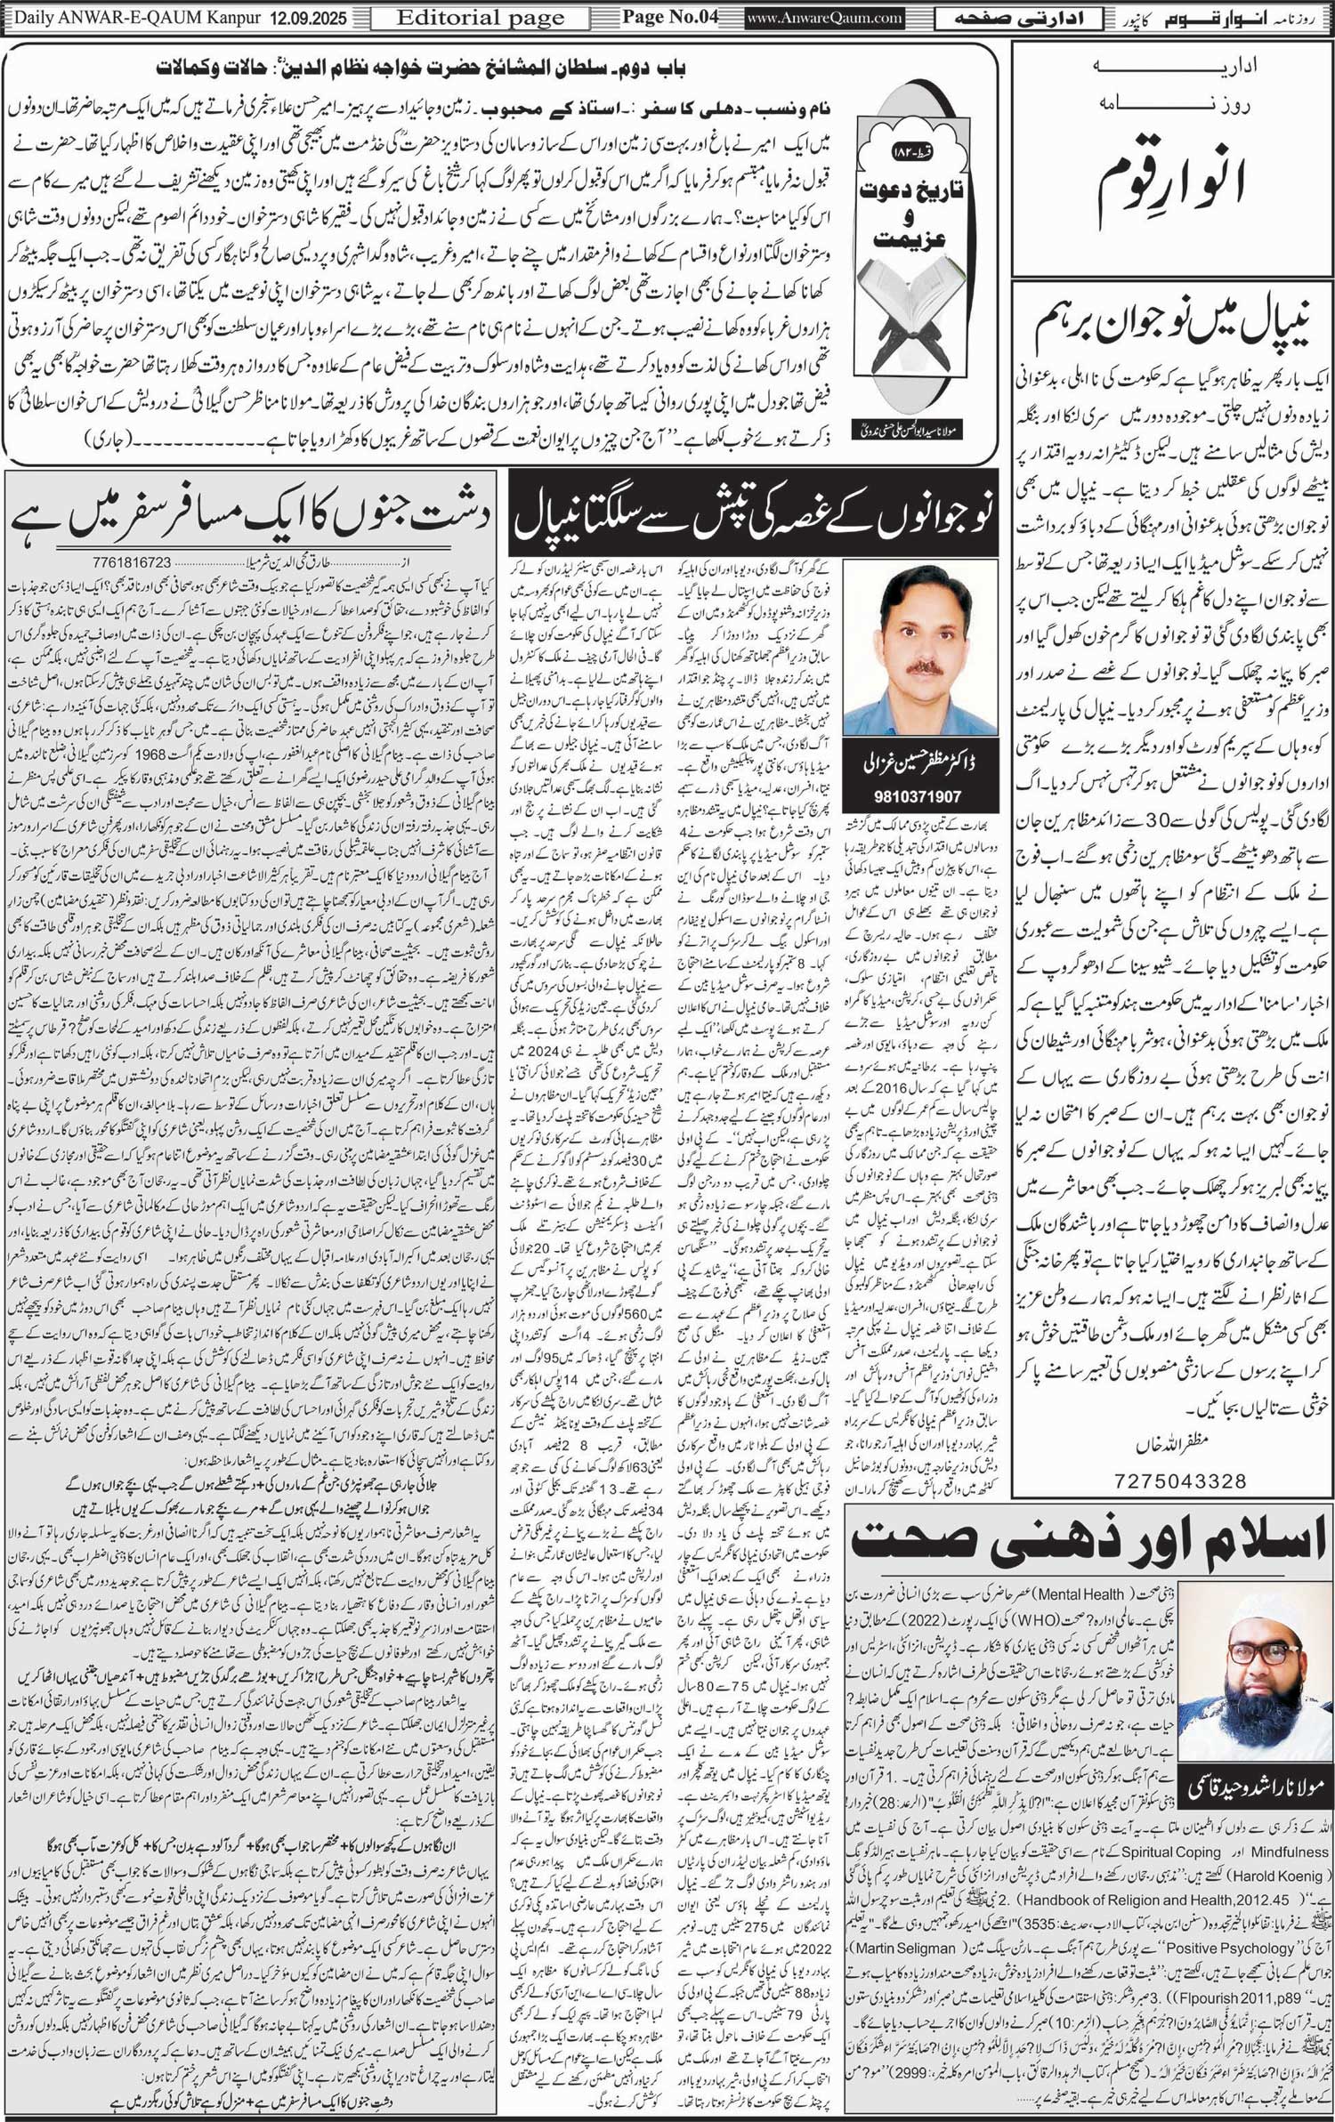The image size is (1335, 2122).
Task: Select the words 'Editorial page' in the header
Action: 480,18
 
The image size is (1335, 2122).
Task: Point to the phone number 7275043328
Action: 1179,1481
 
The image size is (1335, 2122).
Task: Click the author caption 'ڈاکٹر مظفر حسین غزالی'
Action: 921,764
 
